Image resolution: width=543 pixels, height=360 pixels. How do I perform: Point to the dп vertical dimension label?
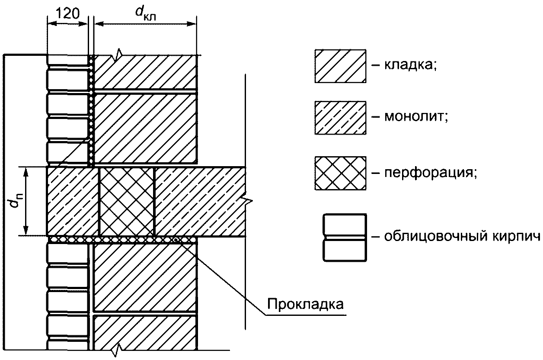pyautogui.click(x=16, y=202)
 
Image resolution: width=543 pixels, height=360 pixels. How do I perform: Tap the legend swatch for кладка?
pyautogui.click(x=340, y=65)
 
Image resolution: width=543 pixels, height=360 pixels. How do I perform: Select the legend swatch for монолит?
pyautogui.click(x=340, y=118)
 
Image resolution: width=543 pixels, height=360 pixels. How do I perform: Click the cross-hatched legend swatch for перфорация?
pyautogui.click(x=340, y=173)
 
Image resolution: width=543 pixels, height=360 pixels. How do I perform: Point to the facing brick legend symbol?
pyautogui.click(x=344, y=237)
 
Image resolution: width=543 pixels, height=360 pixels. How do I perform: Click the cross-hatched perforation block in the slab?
pyautogui.click(x=127, y=201)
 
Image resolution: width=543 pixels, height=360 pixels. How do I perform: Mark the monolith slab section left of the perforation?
pyautogui.click(x=73, y=201)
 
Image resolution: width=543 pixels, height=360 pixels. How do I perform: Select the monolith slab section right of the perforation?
pyautogui.click(x=199, y=201)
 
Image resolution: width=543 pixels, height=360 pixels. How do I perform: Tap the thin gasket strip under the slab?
pyautogui.click(x=121, y=239)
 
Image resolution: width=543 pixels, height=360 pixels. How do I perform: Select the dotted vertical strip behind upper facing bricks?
pyautogui.click(x=91, y=110)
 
